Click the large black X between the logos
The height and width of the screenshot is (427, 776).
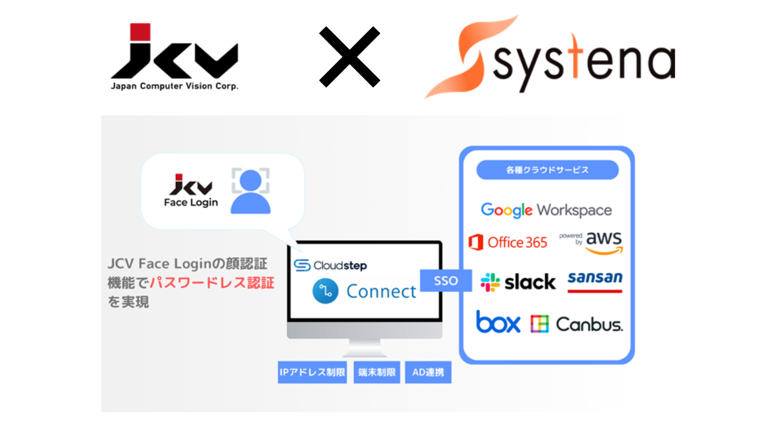tap(349, 57)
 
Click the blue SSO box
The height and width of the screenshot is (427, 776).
tap(446, 281)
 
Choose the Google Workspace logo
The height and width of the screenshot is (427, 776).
tap(546, 210)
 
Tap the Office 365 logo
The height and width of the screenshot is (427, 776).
tap(508, 243)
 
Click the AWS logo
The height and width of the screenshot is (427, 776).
tap(599, 242)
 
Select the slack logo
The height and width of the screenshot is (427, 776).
tap(518, 282)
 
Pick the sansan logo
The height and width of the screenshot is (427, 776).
tap(595, 279)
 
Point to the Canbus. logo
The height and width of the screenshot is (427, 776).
tap(577, 323)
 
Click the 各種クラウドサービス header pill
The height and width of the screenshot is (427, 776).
tap(547, 170)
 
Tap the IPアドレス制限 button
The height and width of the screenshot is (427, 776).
tap(313, 373)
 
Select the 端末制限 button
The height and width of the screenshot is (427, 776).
tap(376, 373)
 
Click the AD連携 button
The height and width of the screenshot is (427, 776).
tap(428, 373)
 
